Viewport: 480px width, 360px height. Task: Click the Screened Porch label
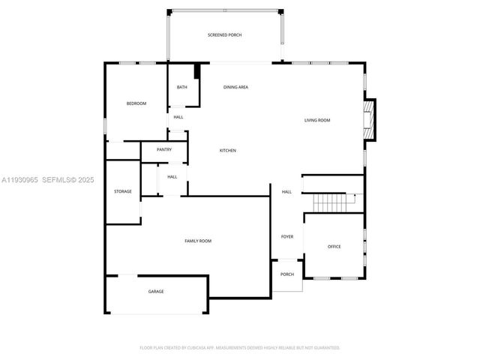point(224,35)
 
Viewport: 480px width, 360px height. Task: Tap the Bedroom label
point(136,103)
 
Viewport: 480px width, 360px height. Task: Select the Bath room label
point(182,88)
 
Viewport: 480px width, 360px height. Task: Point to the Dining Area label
point(235,88)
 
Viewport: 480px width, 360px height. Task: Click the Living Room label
point(316,120)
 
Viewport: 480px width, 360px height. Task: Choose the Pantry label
point(164,149)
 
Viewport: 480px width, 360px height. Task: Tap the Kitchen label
point(227,151)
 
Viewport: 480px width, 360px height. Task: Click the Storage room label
point(122,191)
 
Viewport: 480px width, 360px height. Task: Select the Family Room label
point(198,241)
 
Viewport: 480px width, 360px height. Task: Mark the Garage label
point(155,292)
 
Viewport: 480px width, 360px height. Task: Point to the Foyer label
point(287,237)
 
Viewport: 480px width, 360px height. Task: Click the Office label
point(334,247)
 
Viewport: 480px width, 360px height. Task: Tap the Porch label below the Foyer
point(287,274)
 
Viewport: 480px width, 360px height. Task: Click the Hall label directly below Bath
point(178,117)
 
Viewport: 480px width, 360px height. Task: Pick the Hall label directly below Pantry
point(172,177)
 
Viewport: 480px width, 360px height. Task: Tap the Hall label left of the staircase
point(286,192)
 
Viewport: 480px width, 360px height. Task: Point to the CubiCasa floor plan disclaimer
point(240,348)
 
